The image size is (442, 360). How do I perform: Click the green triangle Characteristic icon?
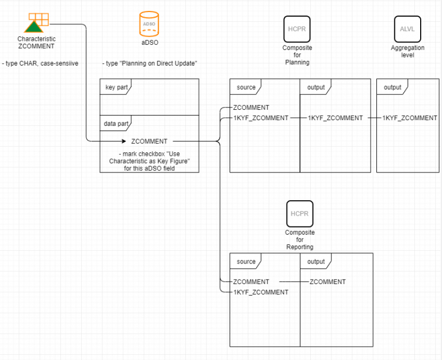click(x=34, y=26)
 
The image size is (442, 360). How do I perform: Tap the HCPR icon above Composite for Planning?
click(x=297, y=28)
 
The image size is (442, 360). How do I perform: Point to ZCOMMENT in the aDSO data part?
click(x=149, y=141)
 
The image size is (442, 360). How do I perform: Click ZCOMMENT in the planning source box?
click(x=251, y=108)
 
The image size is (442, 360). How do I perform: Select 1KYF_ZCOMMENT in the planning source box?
click(x=260, y=118)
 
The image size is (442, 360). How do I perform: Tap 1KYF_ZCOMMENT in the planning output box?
click(x=336, y=118)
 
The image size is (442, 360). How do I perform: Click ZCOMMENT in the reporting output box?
click(x=327, y=282)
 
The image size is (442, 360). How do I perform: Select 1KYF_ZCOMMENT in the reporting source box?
click(x=260, y=292)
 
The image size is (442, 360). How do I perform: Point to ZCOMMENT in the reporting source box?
click(x=251, y=282)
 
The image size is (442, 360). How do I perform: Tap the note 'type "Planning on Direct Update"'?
click(x=149, y=63)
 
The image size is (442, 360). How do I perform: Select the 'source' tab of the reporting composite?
click(x=246, y=262)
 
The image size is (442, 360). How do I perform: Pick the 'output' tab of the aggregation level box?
click(x=393, y=87)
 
